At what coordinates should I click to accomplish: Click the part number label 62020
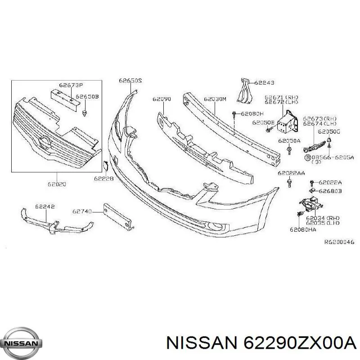[x=57, y=184]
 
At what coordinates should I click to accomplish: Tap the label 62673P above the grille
[x=71, y=85]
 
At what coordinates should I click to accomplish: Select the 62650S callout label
[x=130, y=81]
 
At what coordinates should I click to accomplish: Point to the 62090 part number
[x=162, y=99]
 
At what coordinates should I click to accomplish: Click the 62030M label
[x=215, y=99]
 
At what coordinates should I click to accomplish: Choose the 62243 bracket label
[x=264, y=83]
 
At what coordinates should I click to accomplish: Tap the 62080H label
[x=252, y=114]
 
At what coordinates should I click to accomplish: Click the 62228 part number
[x=104, y=178]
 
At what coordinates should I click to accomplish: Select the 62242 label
[x=45, y=207]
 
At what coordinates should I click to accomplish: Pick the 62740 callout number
[x=82, y=211]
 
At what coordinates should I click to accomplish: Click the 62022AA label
[x=291, y=173]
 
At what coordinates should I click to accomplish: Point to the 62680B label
[x=330, y=191]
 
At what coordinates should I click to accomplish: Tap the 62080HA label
[x=303, y=229]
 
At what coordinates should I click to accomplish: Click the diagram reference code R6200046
[x=339, y=242]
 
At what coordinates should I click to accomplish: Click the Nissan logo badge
[x=23, y=343]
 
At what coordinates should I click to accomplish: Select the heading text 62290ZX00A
[x=300, y=343]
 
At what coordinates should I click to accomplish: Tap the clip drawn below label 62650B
[x=85, y=113]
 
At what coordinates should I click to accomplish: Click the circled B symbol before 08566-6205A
[x=307, y=157]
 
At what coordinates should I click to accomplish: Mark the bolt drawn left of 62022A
[x=312, y=183]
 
